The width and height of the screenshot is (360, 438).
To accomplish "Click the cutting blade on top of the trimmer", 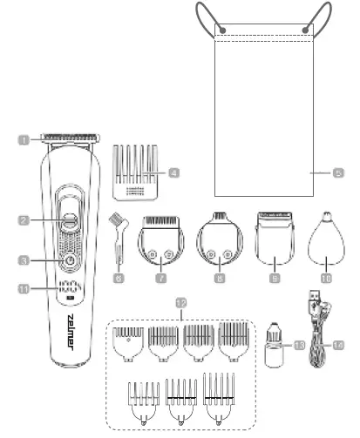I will (x=69, y=138).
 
